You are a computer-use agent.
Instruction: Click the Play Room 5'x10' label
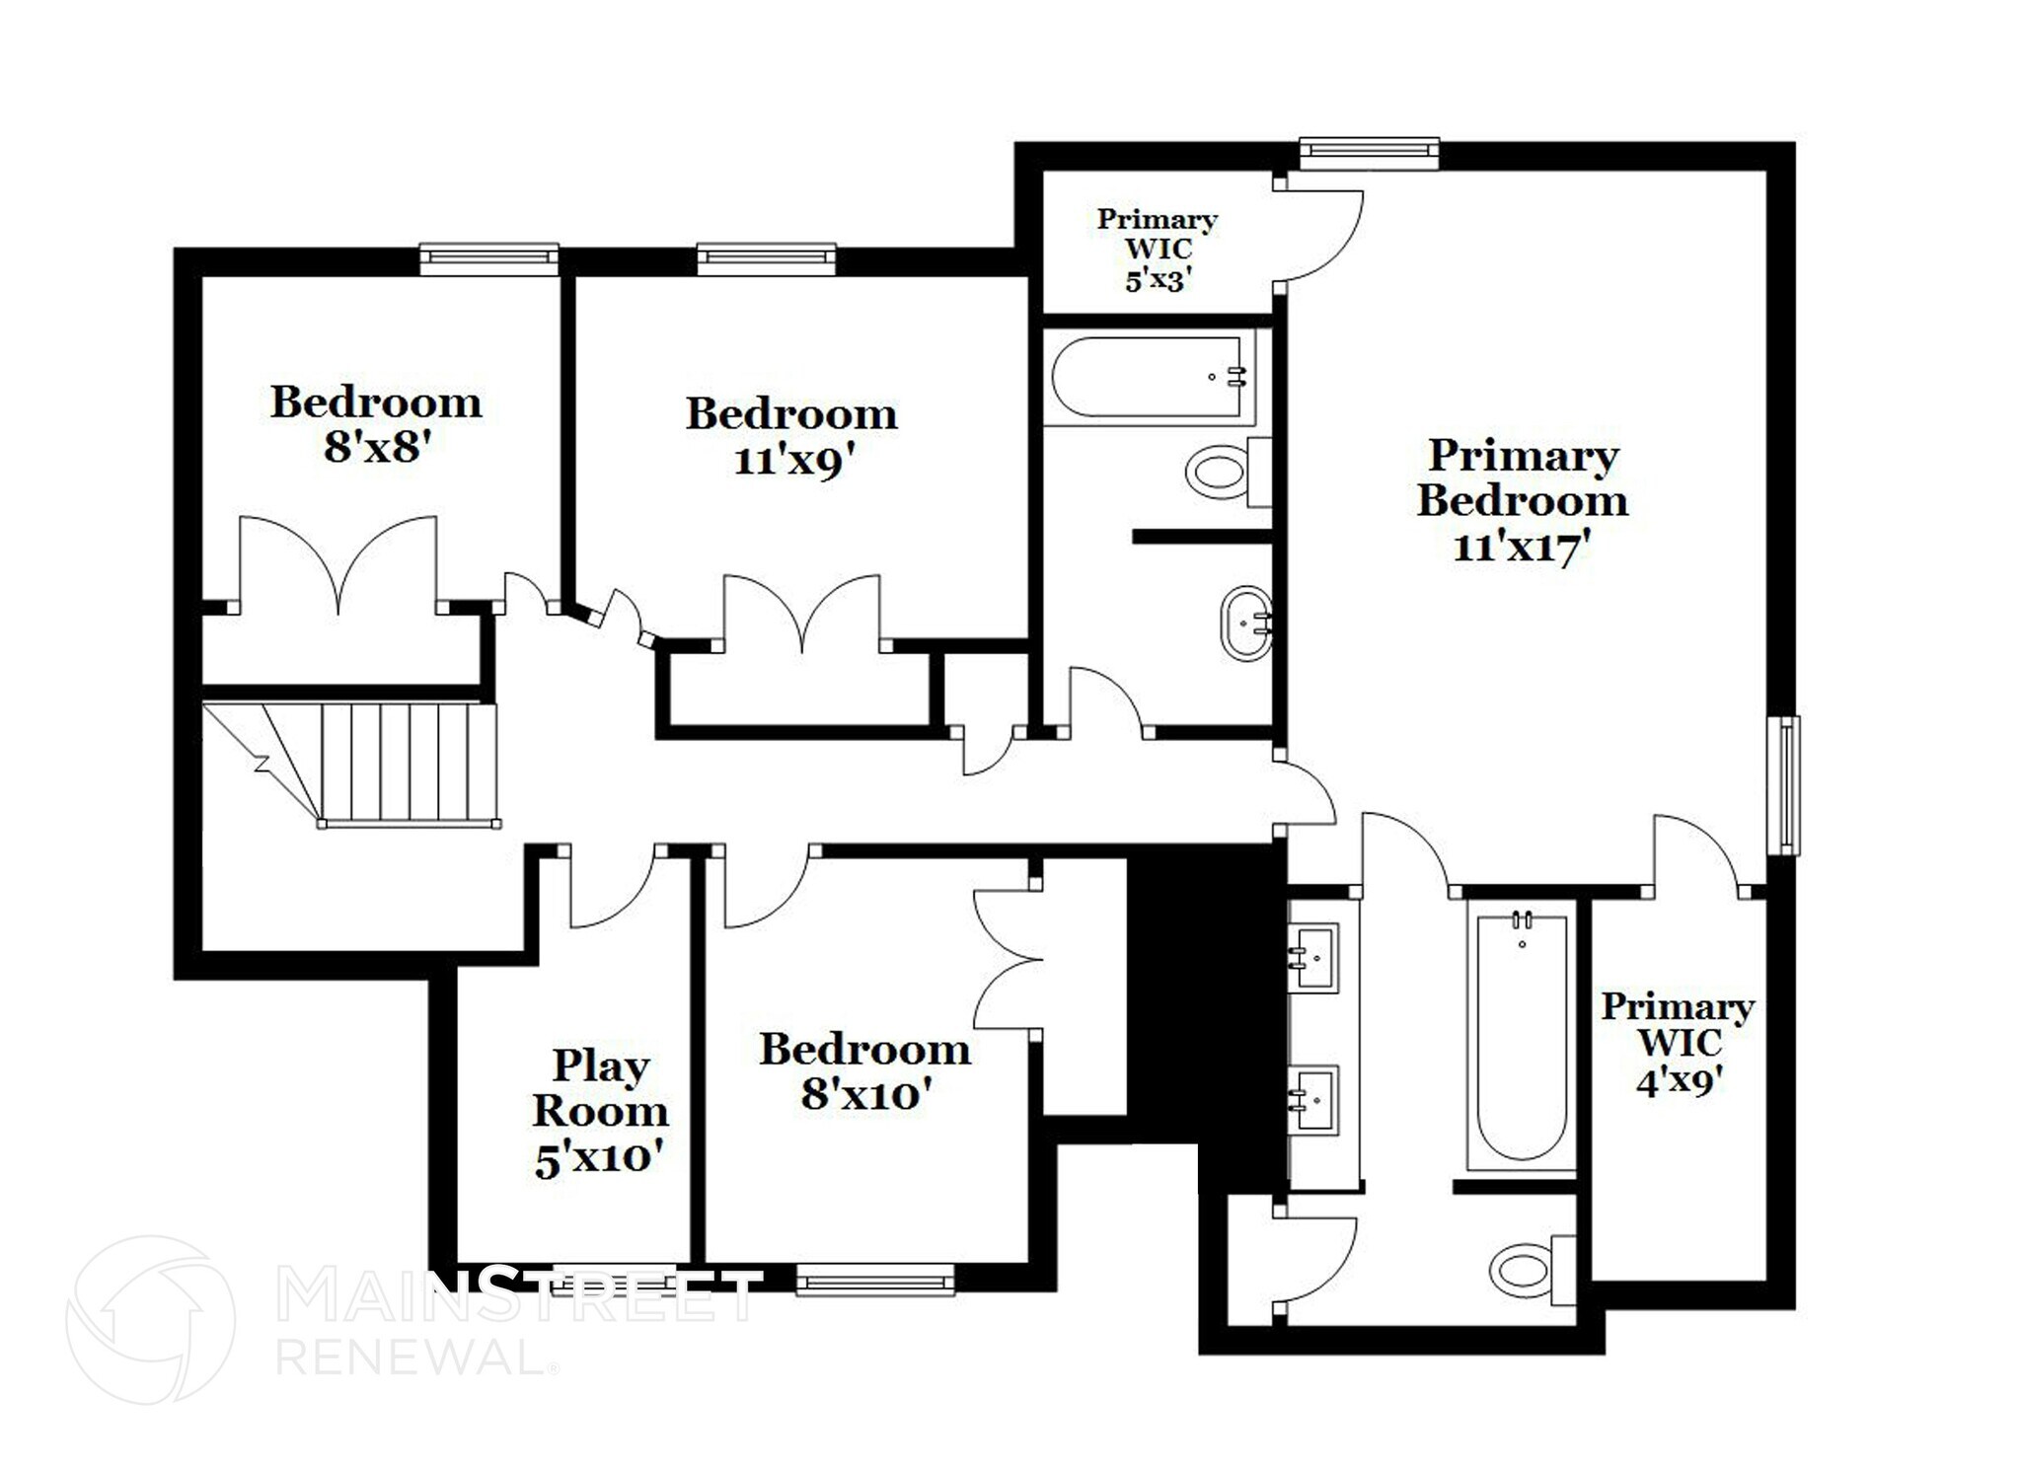pos(600,1112)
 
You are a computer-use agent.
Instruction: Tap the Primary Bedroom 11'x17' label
pos(1523,500)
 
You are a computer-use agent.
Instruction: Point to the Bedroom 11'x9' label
pos(791,436)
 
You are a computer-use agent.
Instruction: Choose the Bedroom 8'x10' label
pos(865,1071)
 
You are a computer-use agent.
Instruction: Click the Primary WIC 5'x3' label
pos(1157,250)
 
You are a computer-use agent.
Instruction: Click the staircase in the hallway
pos(395,763)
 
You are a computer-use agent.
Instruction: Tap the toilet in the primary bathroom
pos(1529,1273)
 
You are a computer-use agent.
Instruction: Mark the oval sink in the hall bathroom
pos(1246,624)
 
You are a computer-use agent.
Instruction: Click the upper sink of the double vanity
pos(1315,955)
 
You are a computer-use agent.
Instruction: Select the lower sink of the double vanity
pos(1315,1098)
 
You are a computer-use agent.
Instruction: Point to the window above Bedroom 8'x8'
pos(488,258)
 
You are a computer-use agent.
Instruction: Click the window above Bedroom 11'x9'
pos(767,258)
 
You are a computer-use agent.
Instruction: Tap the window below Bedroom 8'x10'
pos(875,1281)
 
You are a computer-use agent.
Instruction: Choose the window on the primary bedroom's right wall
pos(1787,785)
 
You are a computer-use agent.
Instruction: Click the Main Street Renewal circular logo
pos(150,1318)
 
